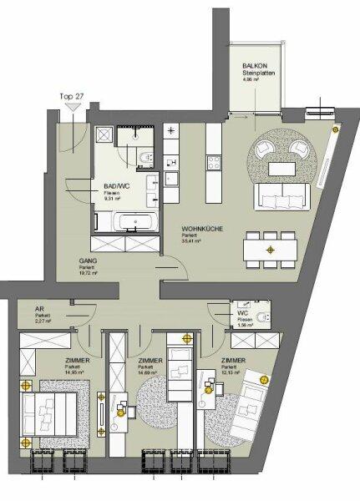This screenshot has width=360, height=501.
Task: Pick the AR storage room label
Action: pyautogui.click(x=39, y=307)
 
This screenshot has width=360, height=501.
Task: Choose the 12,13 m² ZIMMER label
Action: pyautogui.click(x=234, y=361)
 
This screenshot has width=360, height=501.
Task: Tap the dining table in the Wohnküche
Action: pyautogui.click(x=270, y=249)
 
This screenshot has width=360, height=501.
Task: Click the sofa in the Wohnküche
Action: pyautogui.click(x=282, y=197)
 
